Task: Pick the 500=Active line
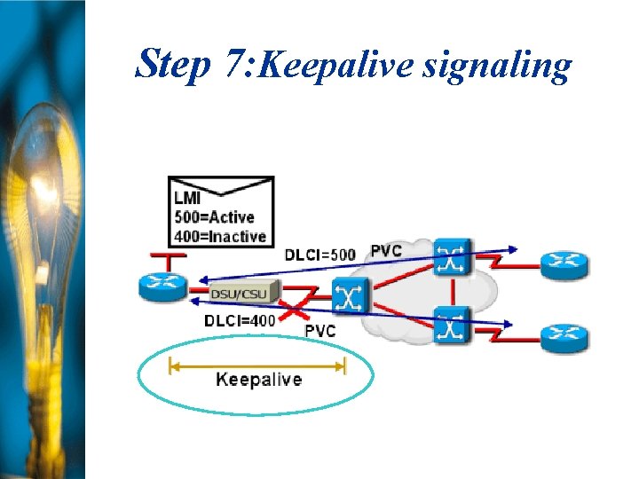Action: coord(214,217)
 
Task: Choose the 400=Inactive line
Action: coord(219,236)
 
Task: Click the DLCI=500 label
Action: coord(319,255)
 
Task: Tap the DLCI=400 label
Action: coord(239,319)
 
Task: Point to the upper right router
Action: coord(564,262)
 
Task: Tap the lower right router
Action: coord(564,334)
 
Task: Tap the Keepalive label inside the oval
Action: coord(258,380)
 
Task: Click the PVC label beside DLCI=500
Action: coord(385,251)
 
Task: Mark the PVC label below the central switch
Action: coord(319,330)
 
